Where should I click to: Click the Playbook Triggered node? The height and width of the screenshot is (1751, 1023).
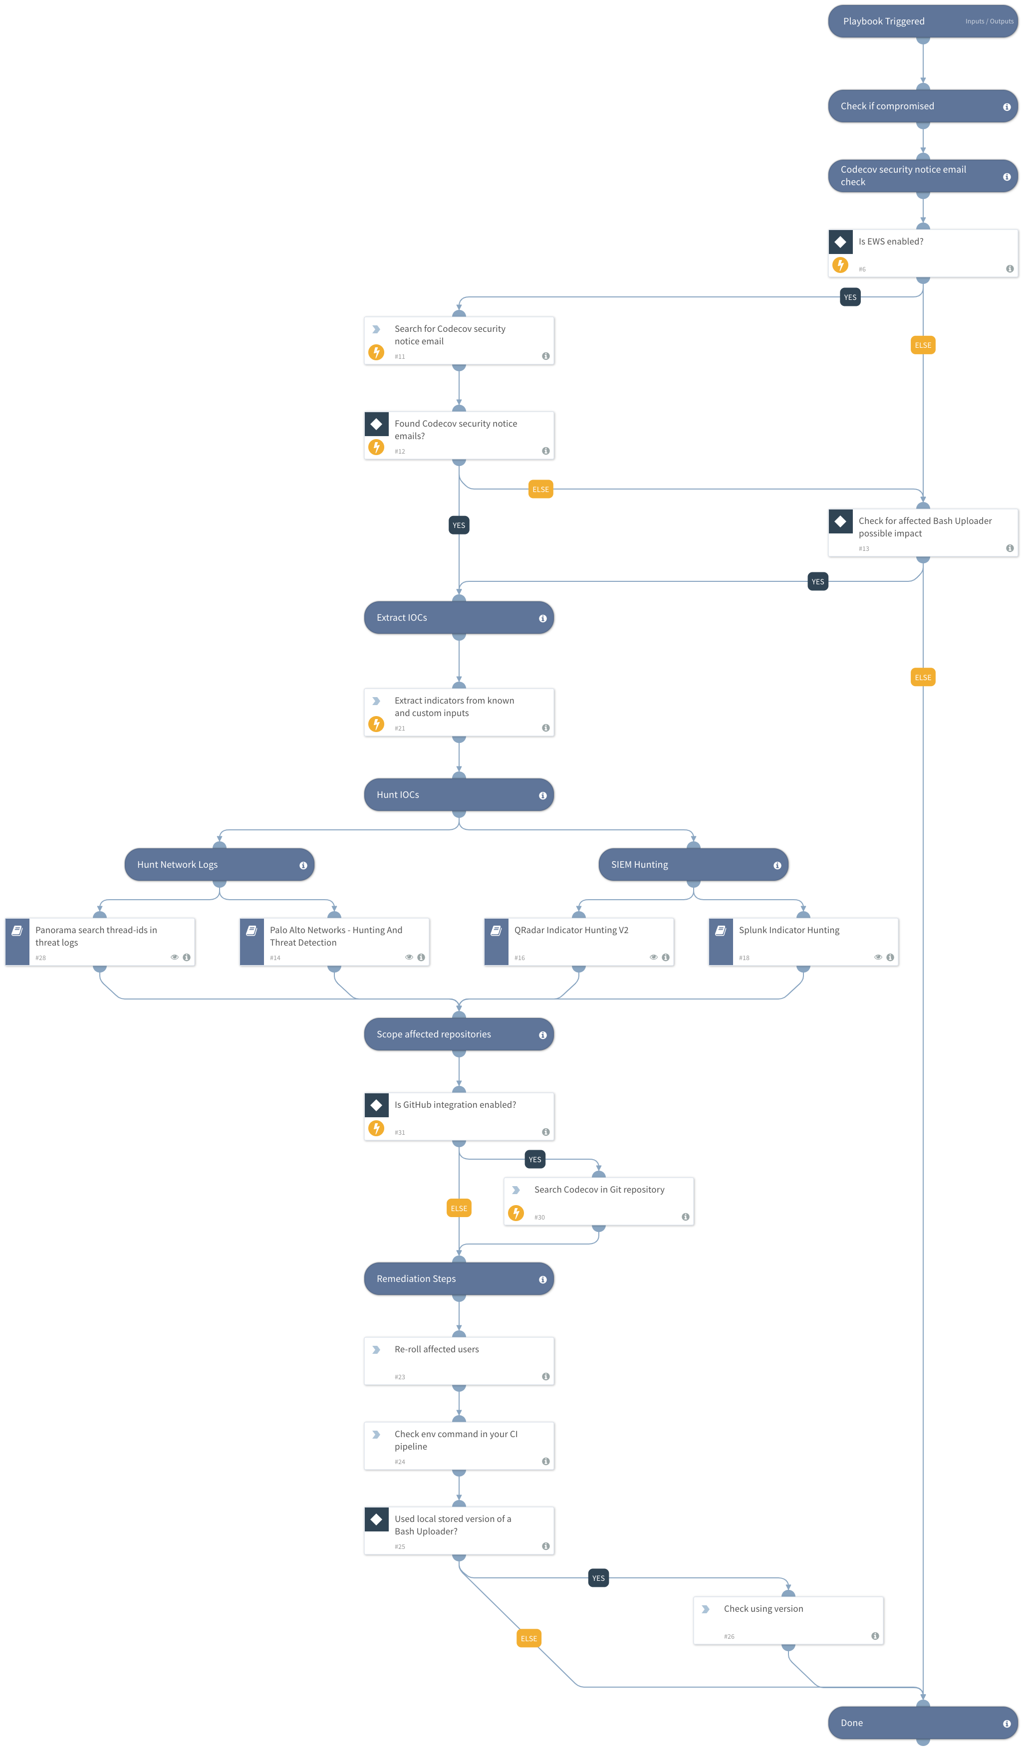[903, 21]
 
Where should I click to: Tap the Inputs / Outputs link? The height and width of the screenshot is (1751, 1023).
[989, 21]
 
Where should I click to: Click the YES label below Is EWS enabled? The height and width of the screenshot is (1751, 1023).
[850, 297]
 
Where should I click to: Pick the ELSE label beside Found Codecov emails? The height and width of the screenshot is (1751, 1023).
[540, 490]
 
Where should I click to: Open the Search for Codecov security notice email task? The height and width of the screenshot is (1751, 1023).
[459, 340]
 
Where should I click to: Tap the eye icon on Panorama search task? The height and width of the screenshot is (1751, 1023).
[175, 958]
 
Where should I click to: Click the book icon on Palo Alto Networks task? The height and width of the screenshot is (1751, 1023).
[252, 931]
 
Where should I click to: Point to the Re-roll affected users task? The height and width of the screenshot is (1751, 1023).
[459, 1361]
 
